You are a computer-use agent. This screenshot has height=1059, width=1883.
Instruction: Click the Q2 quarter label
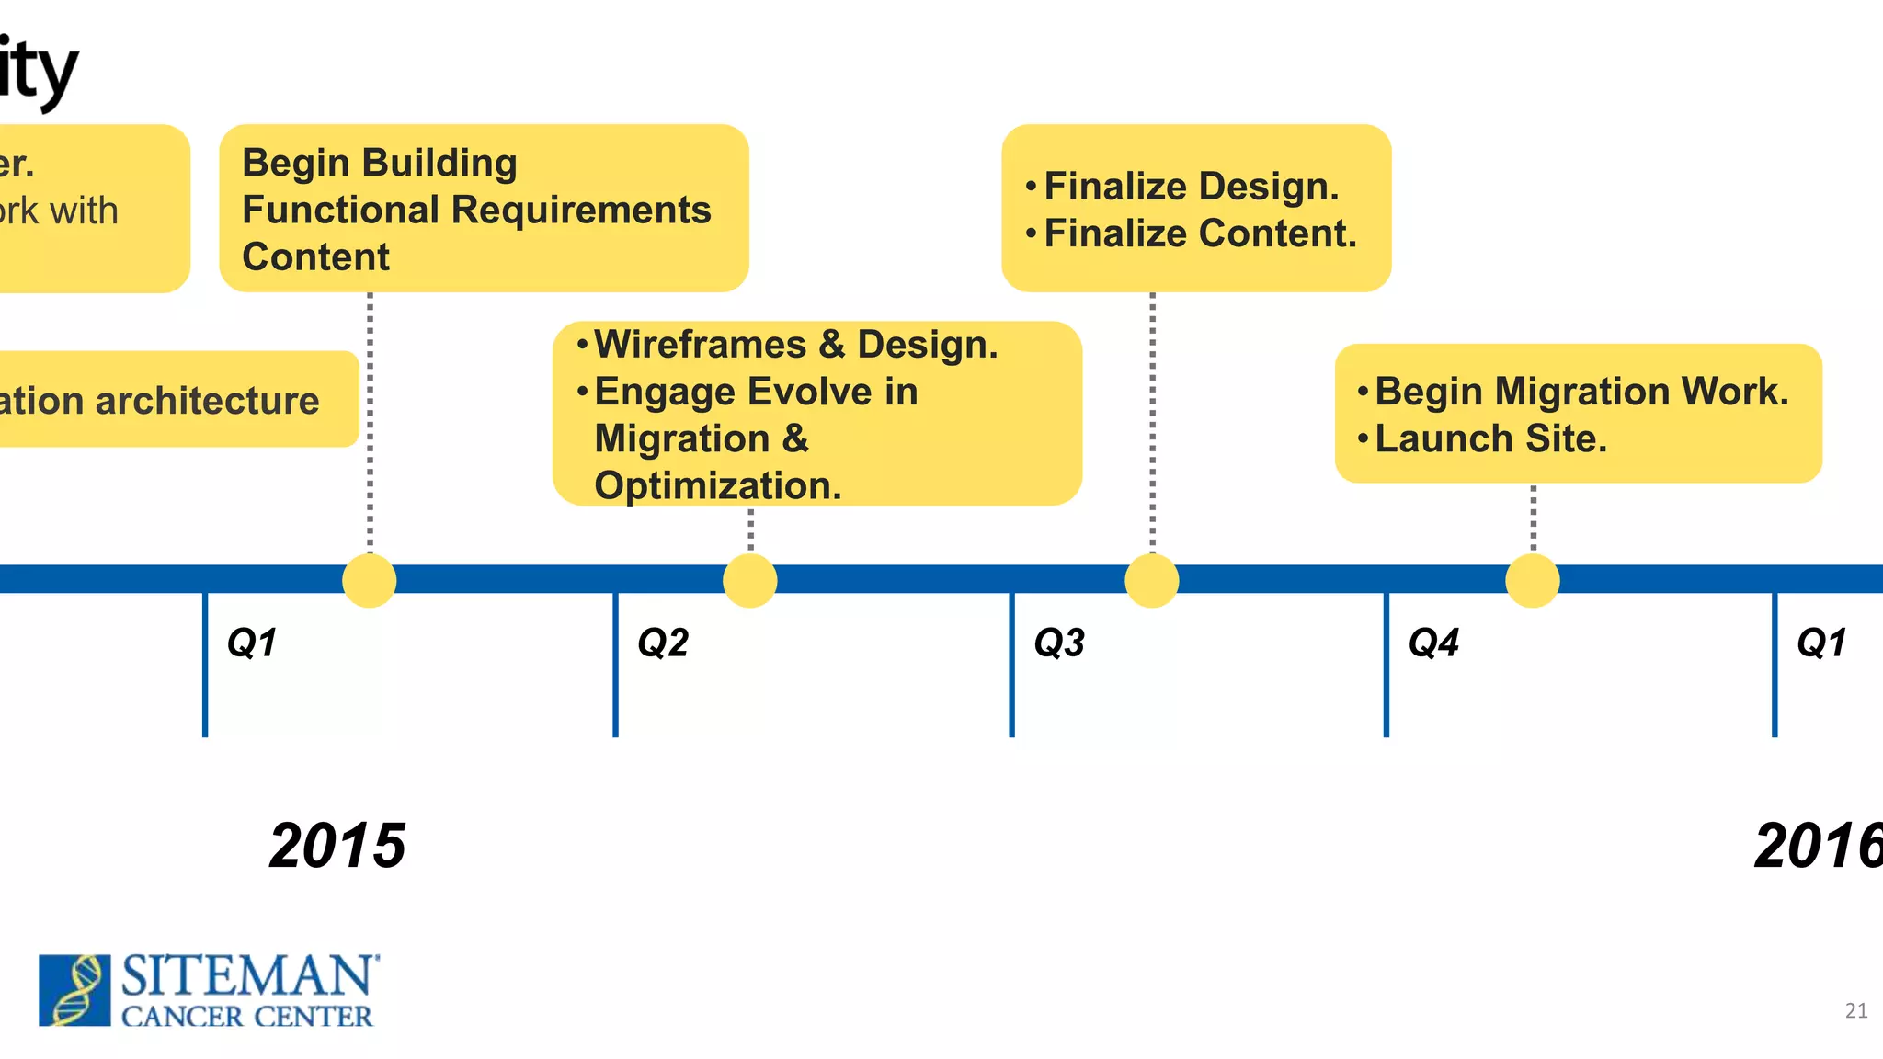662,643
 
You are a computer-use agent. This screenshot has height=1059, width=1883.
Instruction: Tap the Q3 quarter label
1059,643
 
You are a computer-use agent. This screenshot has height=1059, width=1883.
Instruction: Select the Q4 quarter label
1433,643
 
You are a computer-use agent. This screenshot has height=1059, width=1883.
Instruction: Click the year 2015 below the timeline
337,846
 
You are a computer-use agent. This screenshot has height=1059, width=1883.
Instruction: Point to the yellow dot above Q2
750,580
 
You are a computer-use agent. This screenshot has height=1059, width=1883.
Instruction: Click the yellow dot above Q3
1152,580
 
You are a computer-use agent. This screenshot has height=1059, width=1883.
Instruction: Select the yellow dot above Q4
1533,580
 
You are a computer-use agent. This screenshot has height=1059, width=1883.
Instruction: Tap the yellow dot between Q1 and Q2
370,580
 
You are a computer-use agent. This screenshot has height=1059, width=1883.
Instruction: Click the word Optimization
717,485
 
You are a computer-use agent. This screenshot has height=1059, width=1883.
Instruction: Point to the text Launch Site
1490,438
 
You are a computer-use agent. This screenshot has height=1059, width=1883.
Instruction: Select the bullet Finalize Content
1200,233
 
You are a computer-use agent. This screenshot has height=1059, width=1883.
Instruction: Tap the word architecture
207,401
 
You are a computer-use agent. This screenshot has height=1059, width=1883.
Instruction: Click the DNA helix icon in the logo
74,990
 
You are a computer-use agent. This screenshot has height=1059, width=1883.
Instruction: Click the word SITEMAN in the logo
248,976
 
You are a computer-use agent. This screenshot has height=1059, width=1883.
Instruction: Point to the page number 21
1855,1011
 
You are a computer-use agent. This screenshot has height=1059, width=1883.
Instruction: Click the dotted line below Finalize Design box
1152,423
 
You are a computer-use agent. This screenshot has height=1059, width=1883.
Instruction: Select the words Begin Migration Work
1581,392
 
